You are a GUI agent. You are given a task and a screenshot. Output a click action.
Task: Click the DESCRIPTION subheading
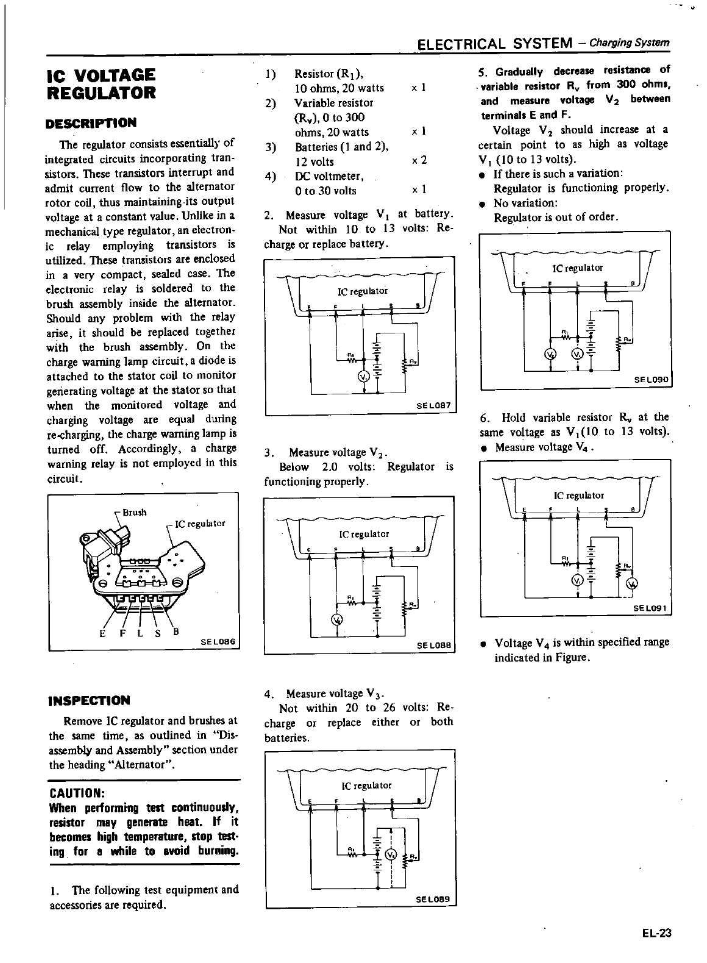91,123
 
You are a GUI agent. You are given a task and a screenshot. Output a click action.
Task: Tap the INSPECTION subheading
89,700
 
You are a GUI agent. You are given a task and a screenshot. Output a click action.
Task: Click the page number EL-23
656,933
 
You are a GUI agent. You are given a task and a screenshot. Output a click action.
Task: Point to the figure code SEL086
218,641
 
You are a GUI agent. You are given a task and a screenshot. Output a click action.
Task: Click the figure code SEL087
433,405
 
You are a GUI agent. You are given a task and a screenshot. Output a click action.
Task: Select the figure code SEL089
433,899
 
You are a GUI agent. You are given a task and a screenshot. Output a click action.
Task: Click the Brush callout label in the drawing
135,512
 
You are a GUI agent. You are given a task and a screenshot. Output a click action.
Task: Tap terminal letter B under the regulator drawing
176,631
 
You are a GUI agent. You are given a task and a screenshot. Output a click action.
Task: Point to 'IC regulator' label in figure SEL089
366,786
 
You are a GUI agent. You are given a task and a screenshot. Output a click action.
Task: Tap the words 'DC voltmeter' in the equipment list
329,176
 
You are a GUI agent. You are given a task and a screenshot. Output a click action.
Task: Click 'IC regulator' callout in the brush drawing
200,524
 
